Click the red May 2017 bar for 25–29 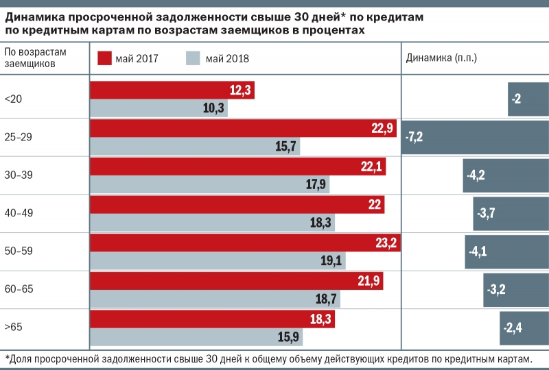[x=244, y=128]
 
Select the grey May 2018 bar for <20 [x=159, y=108]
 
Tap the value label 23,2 [x=386, y=243]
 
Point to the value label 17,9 [x=316, y=184]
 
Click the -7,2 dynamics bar [x=475, y=136]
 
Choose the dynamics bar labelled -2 [x=528, y=99]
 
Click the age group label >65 [x=14, y=327]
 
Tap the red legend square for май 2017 [x=104, y=58]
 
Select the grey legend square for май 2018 [x=193, y=58]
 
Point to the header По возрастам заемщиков [x=35, y=58]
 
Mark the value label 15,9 [x=289, y=337]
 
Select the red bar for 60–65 [x=237, y=280]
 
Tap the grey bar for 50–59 [x=218, y=261]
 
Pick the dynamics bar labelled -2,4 [x=524, y=327]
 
